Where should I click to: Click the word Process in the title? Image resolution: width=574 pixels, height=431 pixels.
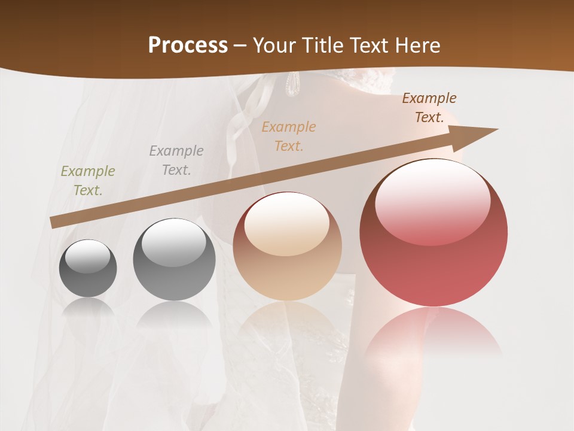coord(188,45)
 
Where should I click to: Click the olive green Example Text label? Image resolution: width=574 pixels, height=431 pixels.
coord(88,180)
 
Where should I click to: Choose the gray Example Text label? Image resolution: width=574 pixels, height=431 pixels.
coord(176,160)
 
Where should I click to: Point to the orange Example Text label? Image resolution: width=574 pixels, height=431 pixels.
coord(289,136)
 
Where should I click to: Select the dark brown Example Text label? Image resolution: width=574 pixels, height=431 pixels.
coord(429,107)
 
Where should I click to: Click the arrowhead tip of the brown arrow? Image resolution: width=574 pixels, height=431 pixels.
coord(496,129)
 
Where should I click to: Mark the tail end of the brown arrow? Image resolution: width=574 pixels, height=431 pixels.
coord(53,223)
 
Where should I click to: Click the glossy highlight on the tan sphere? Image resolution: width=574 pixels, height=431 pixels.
coord(287,223)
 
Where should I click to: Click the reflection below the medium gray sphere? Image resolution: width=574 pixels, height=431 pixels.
coord(174,315)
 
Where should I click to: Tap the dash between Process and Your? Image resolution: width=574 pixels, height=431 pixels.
coord(240,46)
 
